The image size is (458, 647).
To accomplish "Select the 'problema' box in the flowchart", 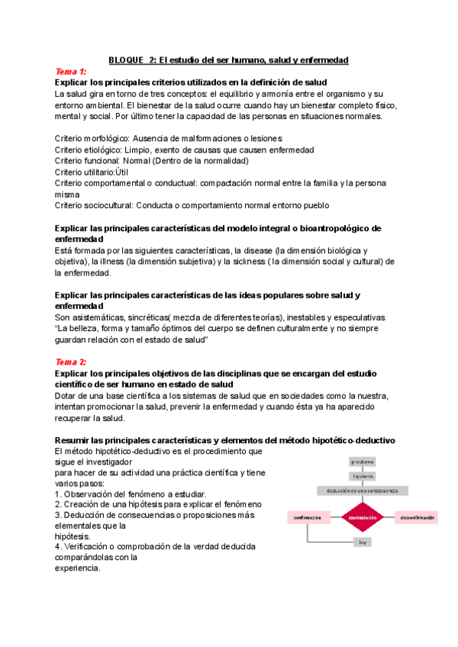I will [363, 462].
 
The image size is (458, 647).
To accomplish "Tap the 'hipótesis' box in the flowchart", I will [363, 476].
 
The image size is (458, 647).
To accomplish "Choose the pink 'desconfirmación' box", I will [417, 518].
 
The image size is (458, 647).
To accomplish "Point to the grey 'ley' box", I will [363, 542].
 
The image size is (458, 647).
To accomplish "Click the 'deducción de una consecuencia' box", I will [363, 491].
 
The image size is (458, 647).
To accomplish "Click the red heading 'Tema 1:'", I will [71, 72].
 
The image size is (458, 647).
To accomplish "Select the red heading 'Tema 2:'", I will [71, 362].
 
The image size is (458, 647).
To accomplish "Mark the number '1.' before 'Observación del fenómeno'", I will [59, 494].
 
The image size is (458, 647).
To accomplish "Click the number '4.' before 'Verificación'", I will [59, 547].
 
